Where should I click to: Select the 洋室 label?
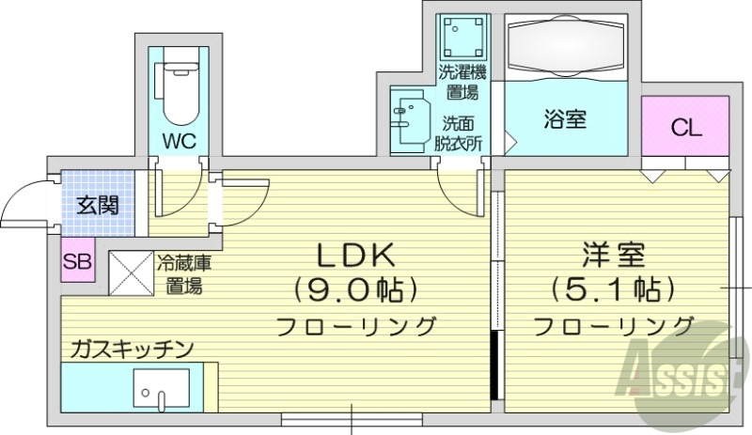(612, 256)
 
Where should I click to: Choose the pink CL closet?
(686, 129)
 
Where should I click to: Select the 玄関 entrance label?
(98, 205)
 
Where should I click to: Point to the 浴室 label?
(565, 119)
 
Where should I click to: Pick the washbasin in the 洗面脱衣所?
(411, 119)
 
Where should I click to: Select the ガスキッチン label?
(132, 349)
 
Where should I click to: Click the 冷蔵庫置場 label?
(183, 273)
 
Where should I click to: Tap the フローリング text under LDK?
(356, 327)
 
